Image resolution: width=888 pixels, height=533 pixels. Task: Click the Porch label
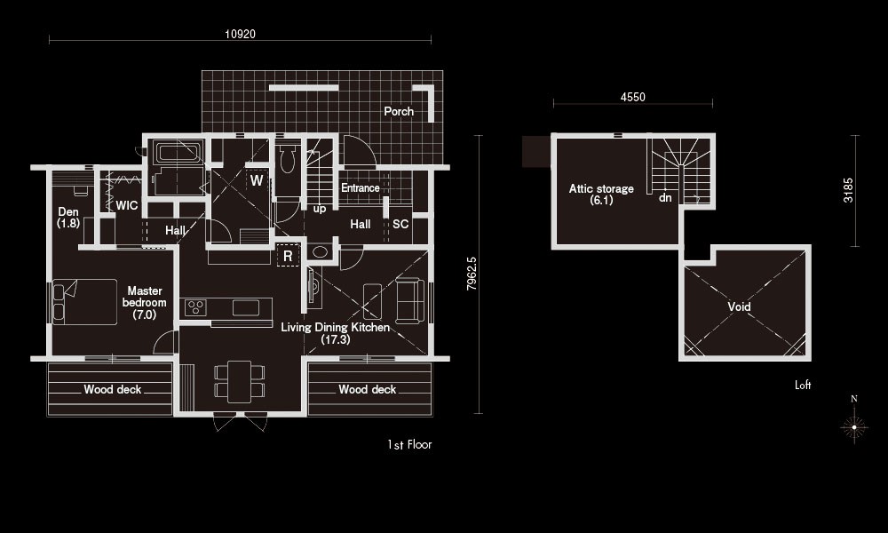pos(399,111)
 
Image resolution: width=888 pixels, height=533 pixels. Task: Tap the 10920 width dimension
pos(240,34)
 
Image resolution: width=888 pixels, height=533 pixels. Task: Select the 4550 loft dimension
pos(632,97)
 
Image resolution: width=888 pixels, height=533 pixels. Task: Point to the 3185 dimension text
pos(848,190)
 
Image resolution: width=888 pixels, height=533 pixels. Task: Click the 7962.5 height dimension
pos(472,274)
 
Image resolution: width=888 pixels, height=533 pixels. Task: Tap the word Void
pos(739,306)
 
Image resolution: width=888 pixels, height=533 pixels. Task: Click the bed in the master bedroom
pos(85,301)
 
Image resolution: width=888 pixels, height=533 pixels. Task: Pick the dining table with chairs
pos(240,381)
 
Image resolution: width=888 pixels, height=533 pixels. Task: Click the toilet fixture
pos(288,159)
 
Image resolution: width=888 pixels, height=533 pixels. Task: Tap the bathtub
pos(178,152)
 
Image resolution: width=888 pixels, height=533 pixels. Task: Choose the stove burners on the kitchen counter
pos(195,307)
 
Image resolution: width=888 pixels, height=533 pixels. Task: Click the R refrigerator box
pos(288,256)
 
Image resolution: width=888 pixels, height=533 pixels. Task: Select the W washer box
pos(257,180)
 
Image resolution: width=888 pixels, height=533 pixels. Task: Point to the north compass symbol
pos(854,426)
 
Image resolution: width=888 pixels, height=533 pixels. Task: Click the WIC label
pos(127,205)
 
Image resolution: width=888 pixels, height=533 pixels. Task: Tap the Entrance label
pos(361,187)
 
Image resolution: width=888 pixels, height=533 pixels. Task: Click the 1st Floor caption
pos(409,445)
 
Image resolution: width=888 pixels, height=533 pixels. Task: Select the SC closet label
pos(400,224)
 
